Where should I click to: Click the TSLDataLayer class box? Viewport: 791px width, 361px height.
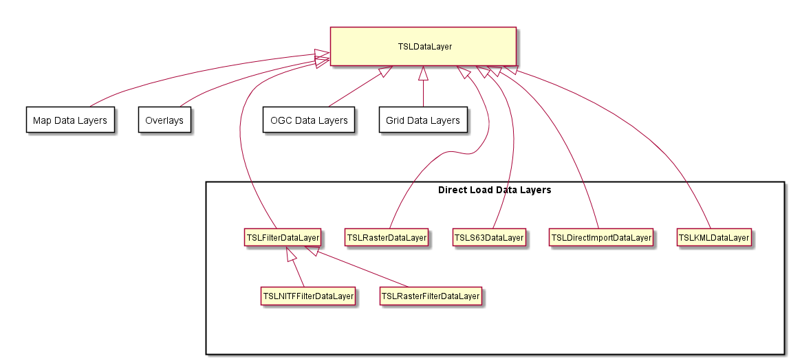[423, 46]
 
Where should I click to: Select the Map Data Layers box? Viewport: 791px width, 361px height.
[70, 120]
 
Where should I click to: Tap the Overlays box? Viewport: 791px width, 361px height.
[164, 120]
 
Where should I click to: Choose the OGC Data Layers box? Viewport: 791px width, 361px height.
[309, 120]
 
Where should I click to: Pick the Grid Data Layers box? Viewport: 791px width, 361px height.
[423, 120]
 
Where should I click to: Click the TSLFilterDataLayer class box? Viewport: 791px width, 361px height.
[283, 237]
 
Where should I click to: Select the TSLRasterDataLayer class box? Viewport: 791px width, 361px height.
[387, 237]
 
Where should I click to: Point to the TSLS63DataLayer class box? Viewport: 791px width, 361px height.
[489, 237]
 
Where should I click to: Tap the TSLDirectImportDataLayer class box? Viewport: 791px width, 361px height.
[601, 237]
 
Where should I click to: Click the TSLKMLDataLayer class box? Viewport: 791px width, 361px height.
[714, 237]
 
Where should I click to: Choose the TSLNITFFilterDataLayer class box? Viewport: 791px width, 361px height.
[307, 296]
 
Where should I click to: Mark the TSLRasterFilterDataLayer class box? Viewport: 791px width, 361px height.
[431, 296]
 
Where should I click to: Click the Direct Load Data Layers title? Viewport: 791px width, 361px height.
[495, 190]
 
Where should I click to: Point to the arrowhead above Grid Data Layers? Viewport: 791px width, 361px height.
[423, 73]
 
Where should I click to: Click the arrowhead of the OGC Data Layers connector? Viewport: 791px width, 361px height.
[386, 71]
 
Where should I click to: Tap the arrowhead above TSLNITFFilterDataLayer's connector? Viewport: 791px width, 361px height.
[291, 254]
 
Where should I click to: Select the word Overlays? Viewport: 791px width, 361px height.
[164, 120]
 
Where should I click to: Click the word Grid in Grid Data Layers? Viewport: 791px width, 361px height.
[395, 120]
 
